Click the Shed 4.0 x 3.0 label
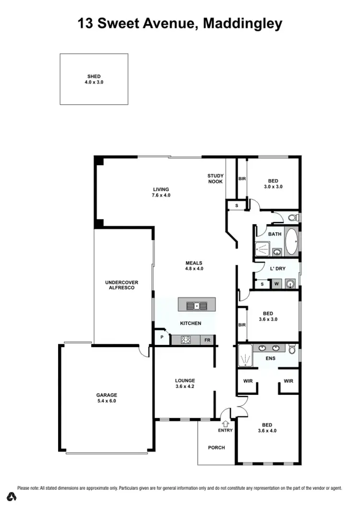click(x=94, y=79)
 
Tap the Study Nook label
click(x=216, y=179)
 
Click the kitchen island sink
click(x=197, y=304)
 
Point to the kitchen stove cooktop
click(x=186, y=340)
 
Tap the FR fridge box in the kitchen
click(x=207, y=340)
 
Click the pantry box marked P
click(x=162, y=338)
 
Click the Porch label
click(x=216, y=448)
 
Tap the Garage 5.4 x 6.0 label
click(x=107, y=398)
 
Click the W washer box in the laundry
click(x=276, y=284)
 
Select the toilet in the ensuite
click(x=292, y=349)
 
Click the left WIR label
click(x=248, y=381)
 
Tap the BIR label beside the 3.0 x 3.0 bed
click(x=242, y=179)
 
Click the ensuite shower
click(x=245, y=356)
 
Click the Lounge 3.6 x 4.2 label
click(x=184, y=383)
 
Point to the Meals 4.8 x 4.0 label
click(x=194, y=266)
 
